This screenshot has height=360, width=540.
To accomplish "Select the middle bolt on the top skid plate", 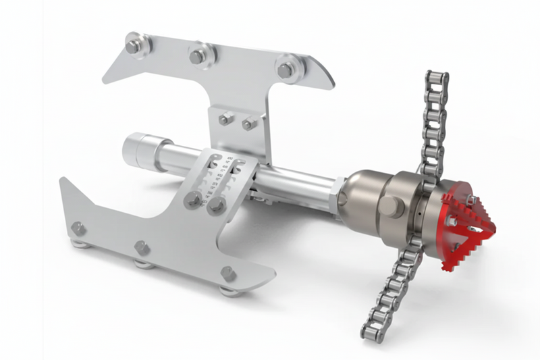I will [198, 57].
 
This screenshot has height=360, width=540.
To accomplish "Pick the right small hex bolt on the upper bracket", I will [249, 124].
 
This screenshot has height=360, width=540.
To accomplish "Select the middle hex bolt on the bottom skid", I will [143, 248].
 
